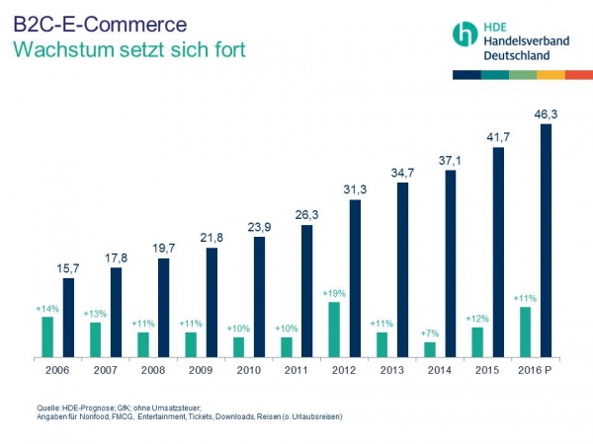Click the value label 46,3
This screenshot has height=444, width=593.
point(546,113)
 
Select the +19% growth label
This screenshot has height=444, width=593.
point(333,293)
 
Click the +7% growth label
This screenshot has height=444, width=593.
point(429,333)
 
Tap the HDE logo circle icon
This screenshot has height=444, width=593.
point(465,35)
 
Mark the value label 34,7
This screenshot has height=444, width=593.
point(402,173)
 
